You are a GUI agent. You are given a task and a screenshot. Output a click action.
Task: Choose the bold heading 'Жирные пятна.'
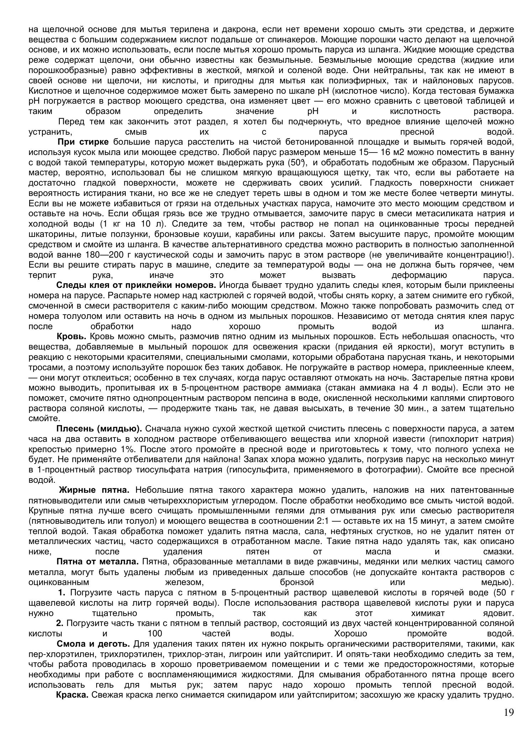(96, 490)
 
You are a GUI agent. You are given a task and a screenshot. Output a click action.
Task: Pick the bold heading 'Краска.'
(72, 695)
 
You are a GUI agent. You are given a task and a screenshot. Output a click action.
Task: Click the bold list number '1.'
(62, 593)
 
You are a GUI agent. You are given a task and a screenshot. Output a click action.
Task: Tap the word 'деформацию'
(419, 275)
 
